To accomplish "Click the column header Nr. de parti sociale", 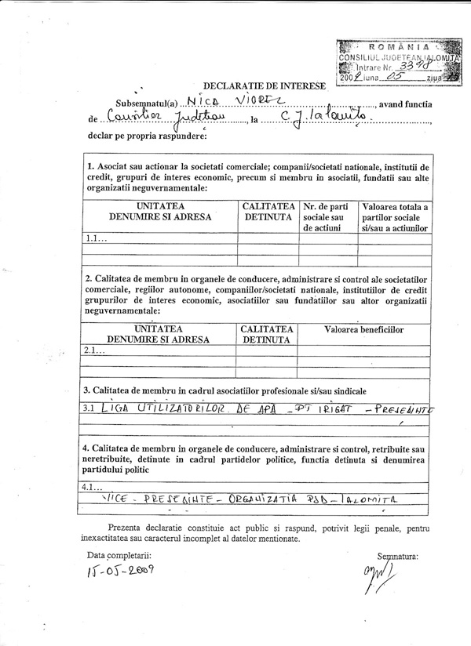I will (x=325, y=216).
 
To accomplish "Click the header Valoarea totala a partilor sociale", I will (x=394, y=216).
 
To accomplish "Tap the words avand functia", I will (x=405, y=103).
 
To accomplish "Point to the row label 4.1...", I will (x=93, y=485).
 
